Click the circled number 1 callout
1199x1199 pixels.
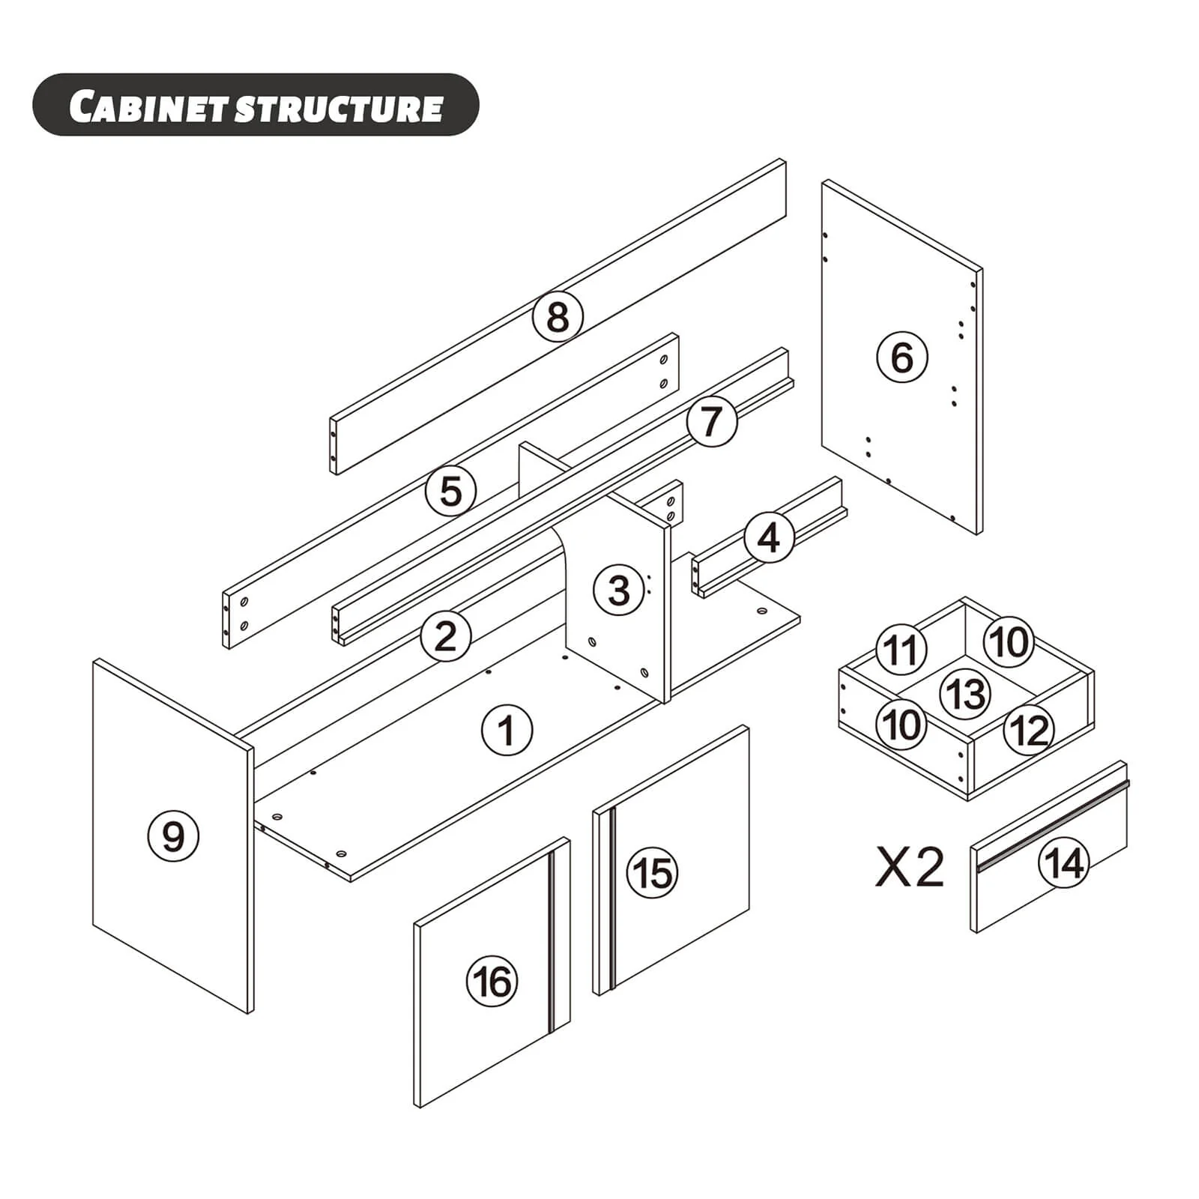507,730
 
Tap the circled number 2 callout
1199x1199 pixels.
446,637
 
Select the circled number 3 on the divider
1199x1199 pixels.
619,590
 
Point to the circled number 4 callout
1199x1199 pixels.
769,538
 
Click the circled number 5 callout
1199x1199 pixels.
451,492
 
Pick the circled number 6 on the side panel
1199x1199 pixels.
902,357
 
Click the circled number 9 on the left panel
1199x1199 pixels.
173,835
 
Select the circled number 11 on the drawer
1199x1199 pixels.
901,649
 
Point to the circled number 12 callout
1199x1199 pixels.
1030,729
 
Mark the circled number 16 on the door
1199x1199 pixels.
492,981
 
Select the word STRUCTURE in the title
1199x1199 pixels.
339,108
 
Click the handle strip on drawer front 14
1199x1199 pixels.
1054,824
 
